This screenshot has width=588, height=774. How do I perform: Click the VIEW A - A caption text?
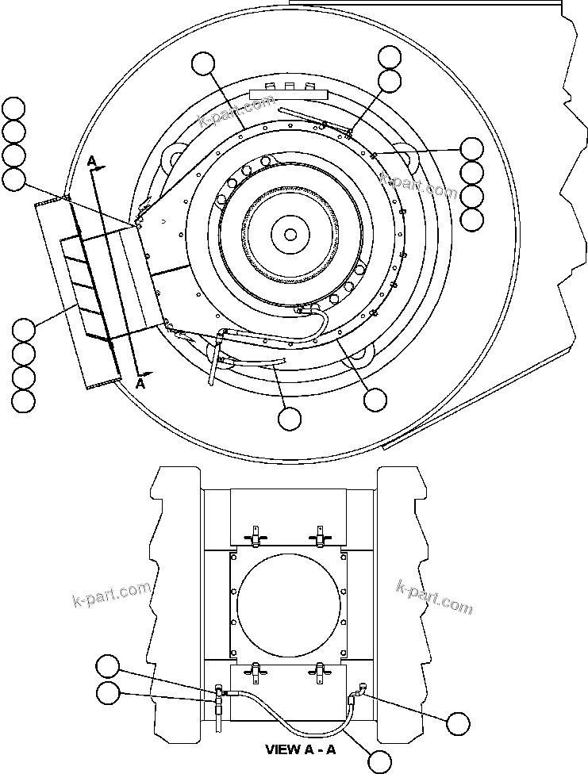click(x=301, y=749)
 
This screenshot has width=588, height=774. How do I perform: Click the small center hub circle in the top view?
click(x=290, y=235)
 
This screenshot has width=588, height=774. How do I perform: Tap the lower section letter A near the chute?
click(x=141, y=382)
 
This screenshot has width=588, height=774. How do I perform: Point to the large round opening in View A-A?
click(x=289, y=604)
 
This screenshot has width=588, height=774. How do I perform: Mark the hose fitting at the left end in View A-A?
click(x=219, y=695)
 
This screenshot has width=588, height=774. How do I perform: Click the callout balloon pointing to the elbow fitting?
click(x=458, y=722)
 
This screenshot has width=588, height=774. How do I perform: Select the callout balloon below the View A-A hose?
click(x=381, y=762)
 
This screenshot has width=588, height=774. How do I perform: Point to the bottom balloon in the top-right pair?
click(x=390, y=80)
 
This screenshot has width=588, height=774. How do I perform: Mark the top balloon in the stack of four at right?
click(x=471, y=148)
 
